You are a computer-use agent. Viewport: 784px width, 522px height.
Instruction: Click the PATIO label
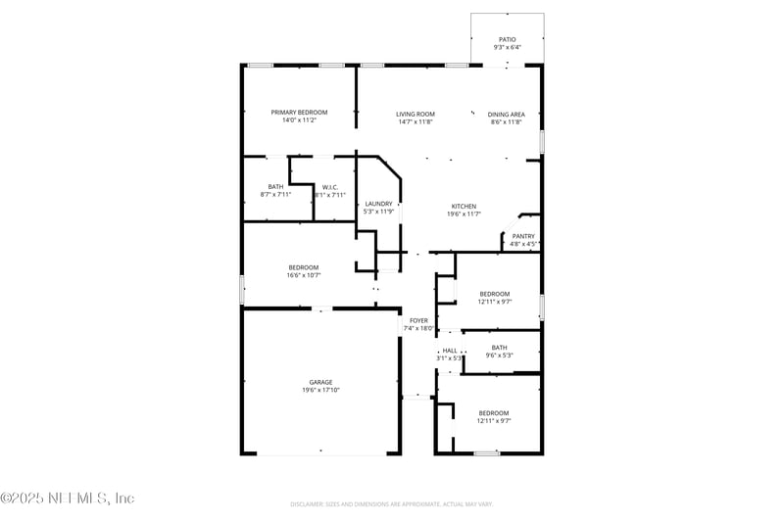(x=507, y=39)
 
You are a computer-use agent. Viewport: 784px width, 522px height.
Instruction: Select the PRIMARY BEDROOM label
(x=299, y=113)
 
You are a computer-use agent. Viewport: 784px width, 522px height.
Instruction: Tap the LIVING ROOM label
(x=416, y=114)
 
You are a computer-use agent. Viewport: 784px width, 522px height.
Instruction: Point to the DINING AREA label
(x=507, y=114)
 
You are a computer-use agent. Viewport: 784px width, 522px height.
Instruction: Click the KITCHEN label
(x=464, y=206)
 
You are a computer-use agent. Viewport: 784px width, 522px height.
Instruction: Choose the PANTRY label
(x=523, y=236)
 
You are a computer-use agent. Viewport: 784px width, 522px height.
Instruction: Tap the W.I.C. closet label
(x=329, y=187)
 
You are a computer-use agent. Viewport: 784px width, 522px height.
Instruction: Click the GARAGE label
(x=320, y=382)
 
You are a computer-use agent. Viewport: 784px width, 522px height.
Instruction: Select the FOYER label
(x=418, y=320)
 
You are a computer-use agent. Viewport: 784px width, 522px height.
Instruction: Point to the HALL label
(x=449, y=350)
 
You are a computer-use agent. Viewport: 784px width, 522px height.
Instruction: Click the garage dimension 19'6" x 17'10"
(x=320, y=390)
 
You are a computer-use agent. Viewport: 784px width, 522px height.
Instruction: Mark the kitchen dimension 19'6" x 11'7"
(x=464, y=214)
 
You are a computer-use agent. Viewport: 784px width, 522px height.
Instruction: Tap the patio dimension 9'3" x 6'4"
(x=507, y=47)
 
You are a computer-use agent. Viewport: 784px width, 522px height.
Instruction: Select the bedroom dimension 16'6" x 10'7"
(x=304, y=275)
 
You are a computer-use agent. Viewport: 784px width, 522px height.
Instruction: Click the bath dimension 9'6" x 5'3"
(x=500, y=355)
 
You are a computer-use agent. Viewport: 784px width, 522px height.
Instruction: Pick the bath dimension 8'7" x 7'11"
(x=275, y=195)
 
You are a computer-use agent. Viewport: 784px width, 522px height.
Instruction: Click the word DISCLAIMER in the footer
(x=308, y=504)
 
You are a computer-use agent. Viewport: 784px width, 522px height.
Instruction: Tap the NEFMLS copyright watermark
(x=67, y=498)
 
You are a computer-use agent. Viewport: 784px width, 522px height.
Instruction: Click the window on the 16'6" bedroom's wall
(x=242, y=289)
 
